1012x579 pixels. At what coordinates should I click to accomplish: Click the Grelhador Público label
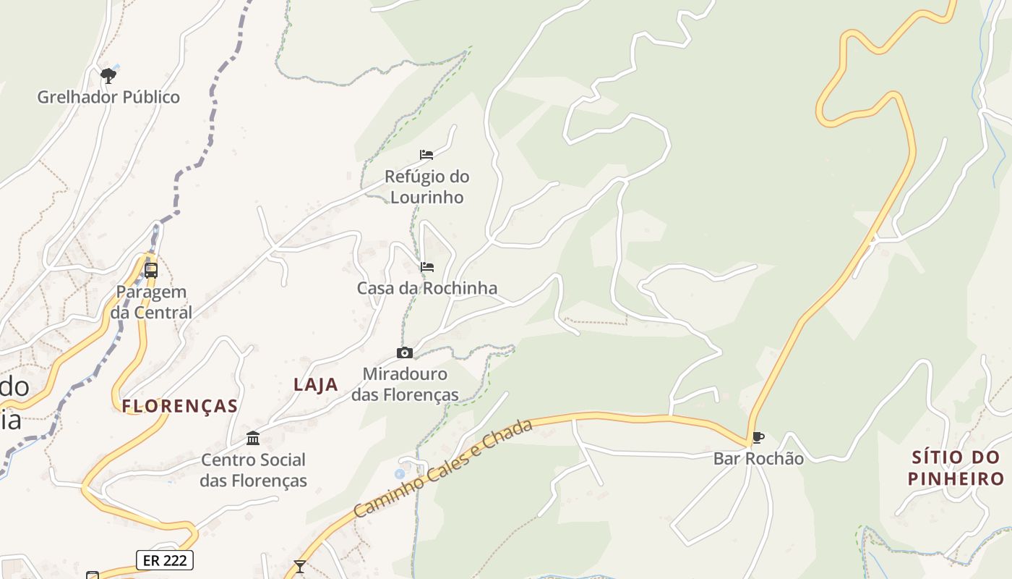(108, 97)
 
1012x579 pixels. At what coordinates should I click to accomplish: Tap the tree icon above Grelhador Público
(108, 75)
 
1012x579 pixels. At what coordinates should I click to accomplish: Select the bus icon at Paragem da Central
(151, 271)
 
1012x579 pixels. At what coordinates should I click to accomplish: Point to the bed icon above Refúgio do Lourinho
(426, 155)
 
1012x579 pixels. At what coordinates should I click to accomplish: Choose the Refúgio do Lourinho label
(426, 187)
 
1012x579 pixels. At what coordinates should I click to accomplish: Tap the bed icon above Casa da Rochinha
(427, 267)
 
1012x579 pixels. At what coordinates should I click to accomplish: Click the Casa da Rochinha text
(427, 288)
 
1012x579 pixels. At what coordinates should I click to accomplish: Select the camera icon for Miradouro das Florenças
(405, 353)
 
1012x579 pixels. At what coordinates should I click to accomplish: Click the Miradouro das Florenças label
(405, 384)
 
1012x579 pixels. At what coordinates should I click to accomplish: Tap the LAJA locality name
(316, 385)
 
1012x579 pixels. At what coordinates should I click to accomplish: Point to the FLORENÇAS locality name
(180, 406)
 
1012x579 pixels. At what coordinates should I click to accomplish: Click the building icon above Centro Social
(253, 438)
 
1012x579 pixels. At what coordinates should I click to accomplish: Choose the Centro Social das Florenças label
(253, 470)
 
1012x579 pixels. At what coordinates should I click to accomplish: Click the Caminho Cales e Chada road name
(443, 468)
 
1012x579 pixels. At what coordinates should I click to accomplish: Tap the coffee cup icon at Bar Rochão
(758, 437)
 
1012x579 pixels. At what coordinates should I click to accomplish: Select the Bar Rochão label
(758, 458)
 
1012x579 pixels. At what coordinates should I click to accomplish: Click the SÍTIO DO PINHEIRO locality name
(956, 468)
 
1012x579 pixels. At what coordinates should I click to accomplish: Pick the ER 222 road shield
(165, 559)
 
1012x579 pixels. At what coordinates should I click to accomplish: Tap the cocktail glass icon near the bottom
(299, 566)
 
